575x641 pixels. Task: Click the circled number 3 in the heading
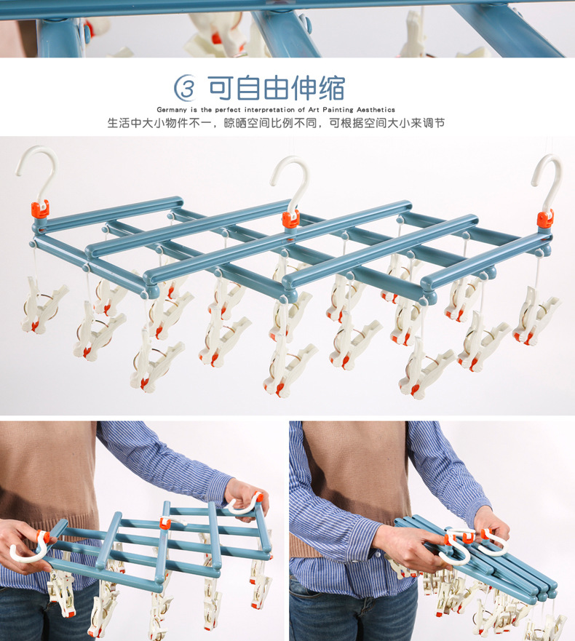coord(186,88)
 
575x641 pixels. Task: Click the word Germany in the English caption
coord(172,110)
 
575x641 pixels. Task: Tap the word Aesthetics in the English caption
coord(376,110)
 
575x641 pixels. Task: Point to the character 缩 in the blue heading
coord(332,88)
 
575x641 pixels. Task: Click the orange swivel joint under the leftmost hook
coord(40,210)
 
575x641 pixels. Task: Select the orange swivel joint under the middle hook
coord(290,220)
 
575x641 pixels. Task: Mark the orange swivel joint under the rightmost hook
coord(545,219)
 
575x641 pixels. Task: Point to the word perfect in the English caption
coord(228,110)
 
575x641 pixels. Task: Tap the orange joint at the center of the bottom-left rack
coord(165,522)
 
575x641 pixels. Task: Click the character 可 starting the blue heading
coord(221,88)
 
